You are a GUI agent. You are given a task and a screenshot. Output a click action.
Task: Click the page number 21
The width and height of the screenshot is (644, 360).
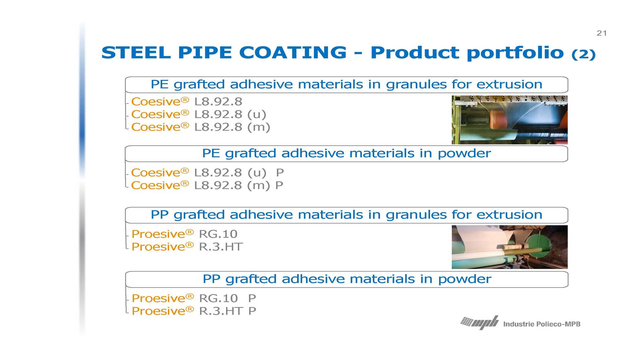pyautogui.click(x=602, y=33)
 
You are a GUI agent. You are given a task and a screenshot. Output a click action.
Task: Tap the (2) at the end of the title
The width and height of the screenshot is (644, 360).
pyautogui.click(x=583, y=54)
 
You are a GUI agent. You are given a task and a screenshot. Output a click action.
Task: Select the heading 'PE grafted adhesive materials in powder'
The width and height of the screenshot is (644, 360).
pyautogui.click(x=346, y=153)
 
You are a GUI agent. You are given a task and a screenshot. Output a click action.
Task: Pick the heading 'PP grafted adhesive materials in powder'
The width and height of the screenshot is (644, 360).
pyautogui.click(x=347, y=279)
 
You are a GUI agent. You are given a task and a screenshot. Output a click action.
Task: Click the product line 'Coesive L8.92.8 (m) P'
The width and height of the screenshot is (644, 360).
pyautogui.click(x=207, y=185)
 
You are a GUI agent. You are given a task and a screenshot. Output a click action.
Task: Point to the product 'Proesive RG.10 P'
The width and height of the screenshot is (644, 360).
pyautogui.click(x=194, y=298)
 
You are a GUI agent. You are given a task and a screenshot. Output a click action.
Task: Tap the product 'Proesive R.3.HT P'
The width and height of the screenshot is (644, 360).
pyautogui.click(x=194, y=311)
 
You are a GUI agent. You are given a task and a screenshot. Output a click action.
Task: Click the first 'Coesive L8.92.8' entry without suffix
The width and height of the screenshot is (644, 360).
pyautogui.click(x=187, y=102)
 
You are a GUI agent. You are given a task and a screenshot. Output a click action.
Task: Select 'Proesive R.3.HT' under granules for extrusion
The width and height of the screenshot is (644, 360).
pyautogui.click(x=187, y=247)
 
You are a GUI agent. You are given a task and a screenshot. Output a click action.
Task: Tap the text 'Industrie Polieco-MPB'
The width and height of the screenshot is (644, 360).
pyautogui.click(x=542, y=324)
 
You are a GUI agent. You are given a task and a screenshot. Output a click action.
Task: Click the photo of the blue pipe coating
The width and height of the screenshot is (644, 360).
pyautogui.click(x=509, y=120)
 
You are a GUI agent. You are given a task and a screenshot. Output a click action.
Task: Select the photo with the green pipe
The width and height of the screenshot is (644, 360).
pyautogui.click(x=509, y=247)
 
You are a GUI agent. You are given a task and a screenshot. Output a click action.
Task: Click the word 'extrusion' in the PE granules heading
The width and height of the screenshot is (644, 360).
pyautogui.click(x=509, y=84)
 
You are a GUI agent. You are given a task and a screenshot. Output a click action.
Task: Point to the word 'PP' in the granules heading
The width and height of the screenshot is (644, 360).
pyautogui.click(x=159, y=215)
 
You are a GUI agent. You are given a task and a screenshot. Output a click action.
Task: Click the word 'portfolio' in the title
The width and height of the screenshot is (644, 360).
pyautogui.click(x=515, y=53)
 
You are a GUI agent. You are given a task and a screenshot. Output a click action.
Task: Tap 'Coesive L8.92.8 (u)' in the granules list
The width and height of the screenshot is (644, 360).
pyautogui.click(x=199, y=114)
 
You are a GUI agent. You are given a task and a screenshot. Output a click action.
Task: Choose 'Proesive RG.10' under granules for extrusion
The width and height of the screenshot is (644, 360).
pyautogui.click(x=184, y=234)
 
